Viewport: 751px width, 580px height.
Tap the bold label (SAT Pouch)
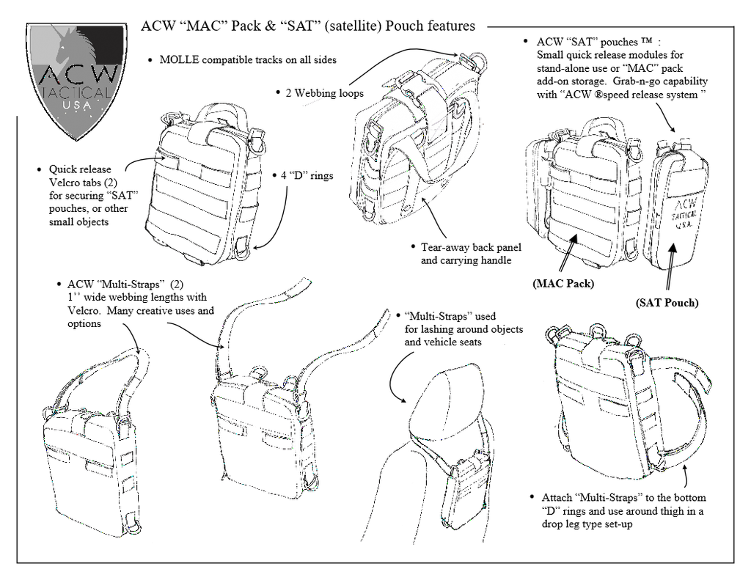666,302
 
